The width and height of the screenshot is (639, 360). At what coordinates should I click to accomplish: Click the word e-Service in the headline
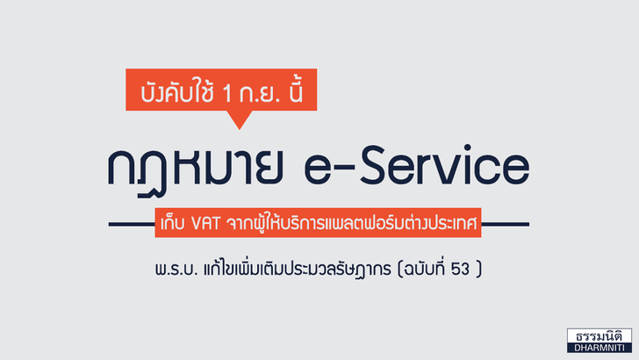click(417, 166)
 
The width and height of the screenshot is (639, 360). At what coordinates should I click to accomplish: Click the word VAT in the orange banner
click(205, 223)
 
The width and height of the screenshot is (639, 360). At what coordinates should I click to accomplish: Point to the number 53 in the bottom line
click(460, 269)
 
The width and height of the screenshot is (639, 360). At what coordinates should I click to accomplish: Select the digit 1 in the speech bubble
click(227, 93)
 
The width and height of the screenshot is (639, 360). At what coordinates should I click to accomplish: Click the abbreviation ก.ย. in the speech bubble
click(261, 93)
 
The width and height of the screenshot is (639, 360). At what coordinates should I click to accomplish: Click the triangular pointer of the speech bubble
click(240, 119)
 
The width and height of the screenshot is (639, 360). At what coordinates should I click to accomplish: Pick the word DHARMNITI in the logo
click(599, 348)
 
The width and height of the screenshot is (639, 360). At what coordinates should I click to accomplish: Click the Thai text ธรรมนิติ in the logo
click(599, 336)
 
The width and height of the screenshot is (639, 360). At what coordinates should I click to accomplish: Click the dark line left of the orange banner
click(132, 224)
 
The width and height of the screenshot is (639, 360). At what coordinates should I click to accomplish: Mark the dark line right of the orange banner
click(506, 224)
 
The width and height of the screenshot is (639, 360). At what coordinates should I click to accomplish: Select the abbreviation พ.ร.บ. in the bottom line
click(176, 270)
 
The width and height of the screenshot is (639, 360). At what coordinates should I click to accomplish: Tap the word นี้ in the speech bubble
click(295, 90)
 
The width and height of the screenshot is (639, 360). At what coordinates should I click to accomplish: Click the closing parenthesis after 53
click(479, 269)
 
